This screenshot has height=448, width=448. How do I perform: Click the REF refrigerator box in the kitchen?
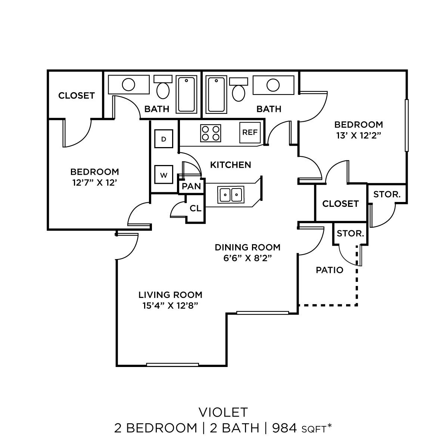(x=250, y=132)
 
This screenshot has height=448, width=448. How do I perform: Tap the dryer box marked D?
(x=163, y=139)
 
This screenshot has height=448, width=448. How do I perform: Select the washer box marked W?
(x=164, y=175)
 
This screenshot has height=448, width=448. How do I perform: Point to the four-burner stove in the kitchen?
(x=210, y=133)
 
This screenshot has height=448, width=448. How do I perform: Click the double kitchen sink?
(x=230, y=195)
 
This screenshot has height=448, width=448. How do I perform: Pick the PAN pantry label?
(x=192, y=186)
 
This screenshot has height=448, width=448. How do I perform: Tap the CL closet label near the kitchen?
(x=195, y=208)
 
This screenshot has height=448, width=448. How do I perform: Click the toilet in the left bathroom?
(x=163, y=87)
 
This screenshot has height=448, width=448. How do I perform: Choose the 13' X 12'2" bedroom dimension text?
(x=358, y=136)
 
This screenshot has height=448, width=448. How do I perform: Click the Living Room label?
(x=170, y=295)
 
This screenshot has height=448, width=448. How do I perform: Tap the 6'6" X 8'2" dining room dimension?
(x=247, y=259)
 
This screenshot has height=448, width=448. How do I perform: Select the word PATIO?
(x=330, y=270)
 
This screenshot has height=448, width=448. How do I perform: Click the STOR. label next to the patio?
(x=350, y=234)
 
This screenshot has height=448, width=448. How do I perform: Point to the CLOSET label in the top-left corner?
(x=77, y=96)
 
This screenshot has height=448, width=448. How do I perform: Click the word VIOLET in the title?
(x=224, y=412)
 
